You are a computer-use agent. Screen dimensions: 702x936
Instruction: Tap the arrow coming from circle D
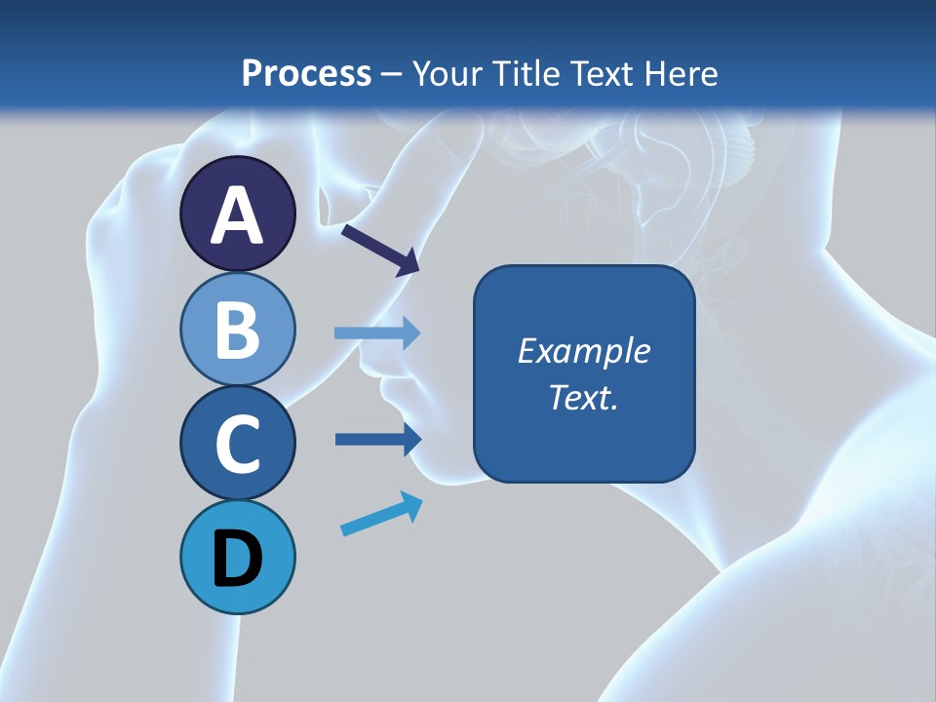click(x=381, y=514)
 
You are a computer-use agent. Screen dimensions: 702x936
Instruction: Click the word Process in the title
click(x=306, y=74)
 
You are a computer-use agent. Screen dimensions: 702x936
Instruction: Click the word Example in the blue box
click(x=583, y=351)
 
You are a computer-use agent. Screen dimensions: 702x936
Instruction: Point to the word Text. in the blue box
click(x=583, y=397)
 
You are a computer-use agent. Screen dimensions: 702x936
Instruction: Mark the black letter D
click(x=237, y=562)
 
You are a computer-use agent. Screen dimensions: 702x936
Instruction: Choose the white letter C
click(x=237, y=445)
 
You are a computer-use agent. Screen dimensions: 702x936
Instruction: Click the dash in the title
click(x=392, y=74)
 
